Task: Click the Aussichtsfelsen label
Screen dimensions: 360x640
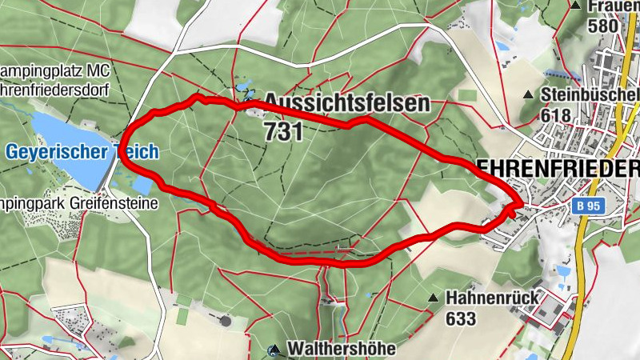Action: click(346, 103)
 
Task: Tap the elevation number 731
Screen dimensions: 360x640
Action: click(283, 131)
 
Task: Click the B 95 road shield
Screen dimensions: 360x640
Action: click(588, 206)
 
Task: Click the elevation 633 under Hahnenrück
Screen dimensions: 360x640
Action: click(462, 319)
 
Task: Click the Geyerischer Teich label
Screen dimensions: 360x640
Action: click(82, 152)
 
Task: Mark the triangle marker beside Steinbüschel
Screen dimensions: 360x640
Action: click(528, 95)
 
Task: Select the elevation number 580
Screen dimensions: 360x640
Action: click(602, 26)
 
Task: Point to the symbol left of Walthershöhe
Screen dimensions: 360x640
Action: click(274, 350)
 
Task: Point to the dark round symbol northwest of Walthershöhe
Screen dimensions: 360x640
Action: click(226, 321)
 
